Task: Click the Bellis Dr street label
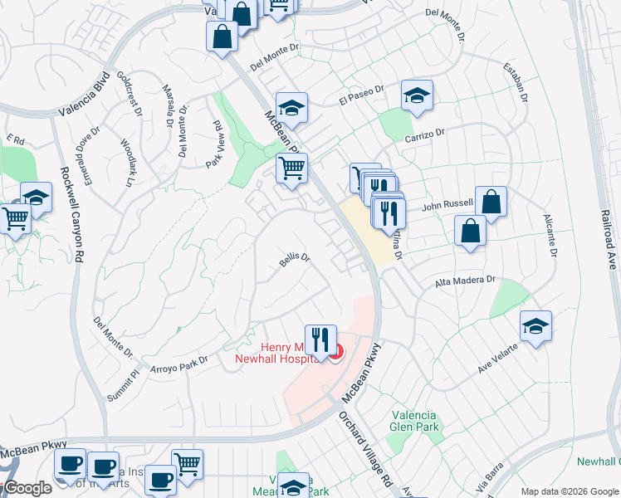click(x=295, y=261)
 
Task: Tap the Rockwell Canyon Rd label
click(x=66, y=218)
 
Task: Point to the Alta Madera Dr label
click(x=465, y=283)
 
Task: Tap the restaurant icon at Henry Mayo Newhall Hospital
click(x=320, y=339)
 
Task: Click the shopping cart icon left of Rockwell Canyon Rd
click(x=16, y=219)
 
